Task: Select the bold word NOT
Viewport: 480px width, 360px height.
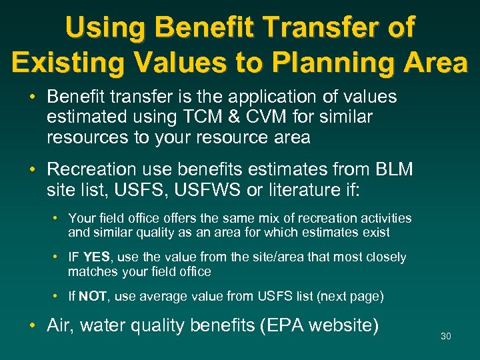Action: coord(93,296)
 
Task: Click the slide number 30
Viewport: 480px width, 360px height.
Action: coord(446,336)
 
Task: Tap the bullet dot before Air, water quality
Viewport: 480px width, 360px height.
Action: coord(33,325)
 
